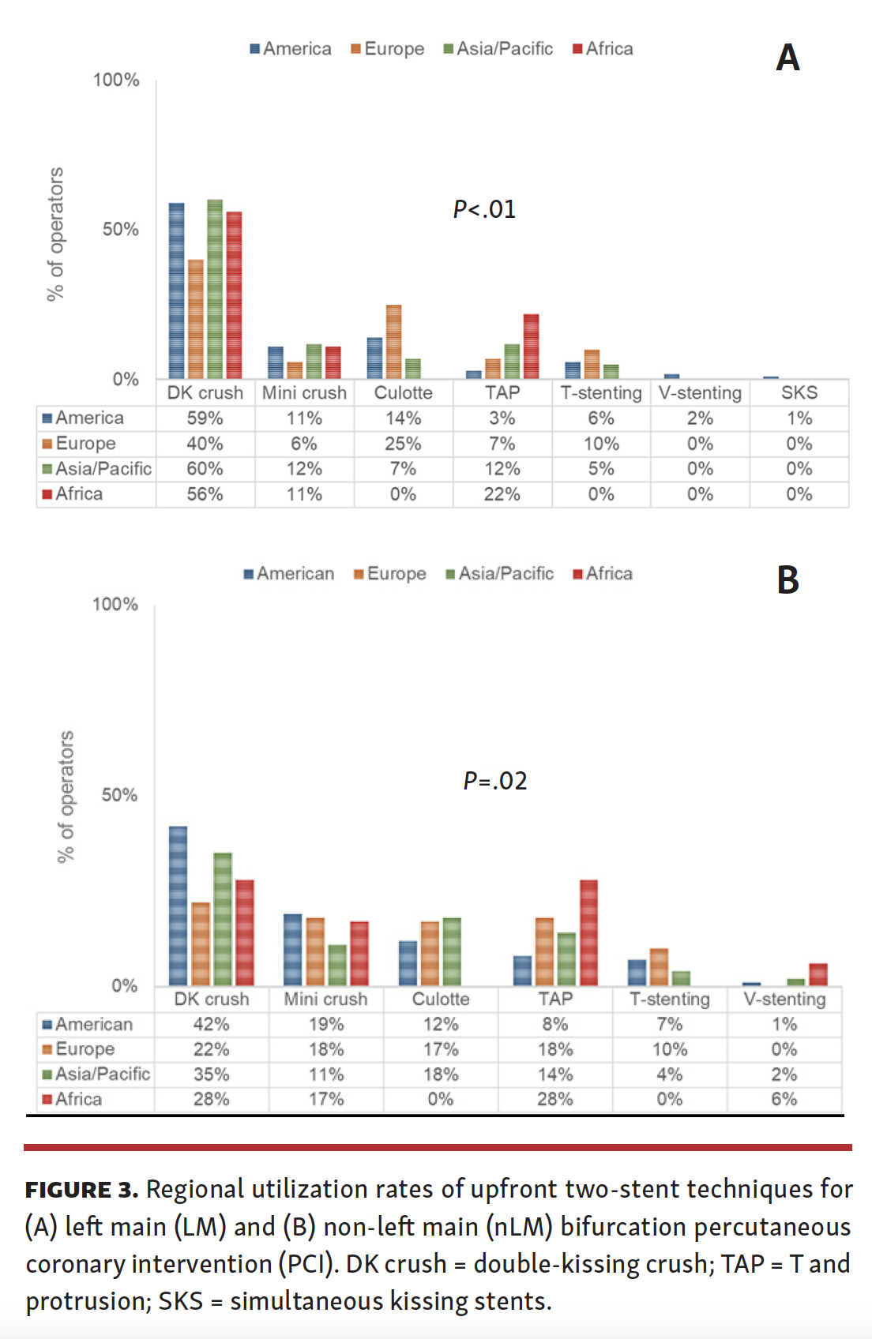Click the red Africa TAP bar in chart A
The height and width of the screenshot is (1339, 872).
[531, 347]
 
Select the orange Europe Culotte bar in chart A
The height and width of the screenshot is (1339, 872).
[393, 342]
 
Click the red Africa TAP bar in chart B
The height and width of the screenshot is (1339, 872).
[588, 932]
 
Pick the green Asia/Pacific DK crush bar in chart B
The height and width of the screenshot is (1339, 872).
[223, 919]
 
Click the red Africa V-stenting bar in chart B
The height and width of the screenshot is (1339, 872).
[818, 974]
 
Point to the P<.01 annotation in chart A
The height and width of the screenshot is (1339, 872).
[484, 209]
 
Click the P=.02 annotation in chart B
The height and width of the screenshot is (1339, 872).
[495, 781]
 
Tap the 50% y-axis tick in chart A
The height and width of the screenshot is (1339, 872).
[120, 229]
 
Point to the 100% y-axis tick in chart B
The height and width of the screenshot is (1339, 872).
[115, 604]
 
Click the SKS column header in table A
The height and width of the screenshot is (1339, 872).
[799, 392]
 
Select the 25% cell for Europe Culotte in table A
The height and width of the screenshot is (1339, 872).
[403, 444]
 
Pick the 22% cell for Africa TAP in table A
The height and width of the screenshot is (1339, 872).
[502, 494]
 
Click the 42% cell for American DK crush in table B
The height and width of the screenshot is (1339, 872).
[211, 1024]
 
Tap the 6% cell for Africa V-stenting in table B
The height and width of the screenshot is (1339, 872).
[784, 1099]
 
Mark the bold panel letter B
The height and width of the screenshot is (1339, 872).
[787, 580]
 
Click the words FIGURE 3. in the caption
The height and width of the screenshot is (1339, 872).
[81, 1190]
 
